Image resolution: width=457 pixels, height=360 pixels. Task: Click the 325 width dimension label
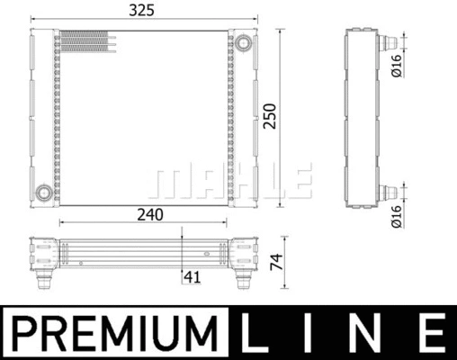pyautogui.click(x=141, y=10)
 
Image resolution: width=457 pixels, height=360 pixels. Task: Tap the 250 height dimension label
pyautogui.click(x=269, y=116)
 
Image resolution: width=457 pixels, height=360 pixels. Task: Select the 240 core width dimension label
pyautogui.click(x=150, y=215)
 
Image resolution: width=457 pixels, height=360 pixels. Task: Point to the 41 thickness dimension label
pyautogui.click(x=192, y=277)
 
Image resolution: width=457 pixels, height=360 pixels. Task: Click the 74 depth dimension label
pyautogui.click(x=276, y=262)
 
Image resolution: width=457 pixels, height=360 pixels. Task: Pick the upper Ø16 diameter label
pyautogui.click(x=396, y=66)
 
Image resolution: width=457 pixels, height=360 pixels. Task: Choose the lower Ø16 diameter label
pyautogui.click(x=396, y=216)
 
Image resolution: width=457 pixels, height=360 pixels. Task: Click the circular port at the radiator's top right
pyautogui.click(x=243, y=43)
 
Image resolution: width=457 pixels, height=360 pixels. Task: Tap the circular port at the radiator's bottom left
pyautogui.click(x=44, y=193)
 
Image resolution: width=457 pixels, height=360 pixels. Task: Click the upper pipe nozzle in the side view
pyautogui.click(x=388, y=43)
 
